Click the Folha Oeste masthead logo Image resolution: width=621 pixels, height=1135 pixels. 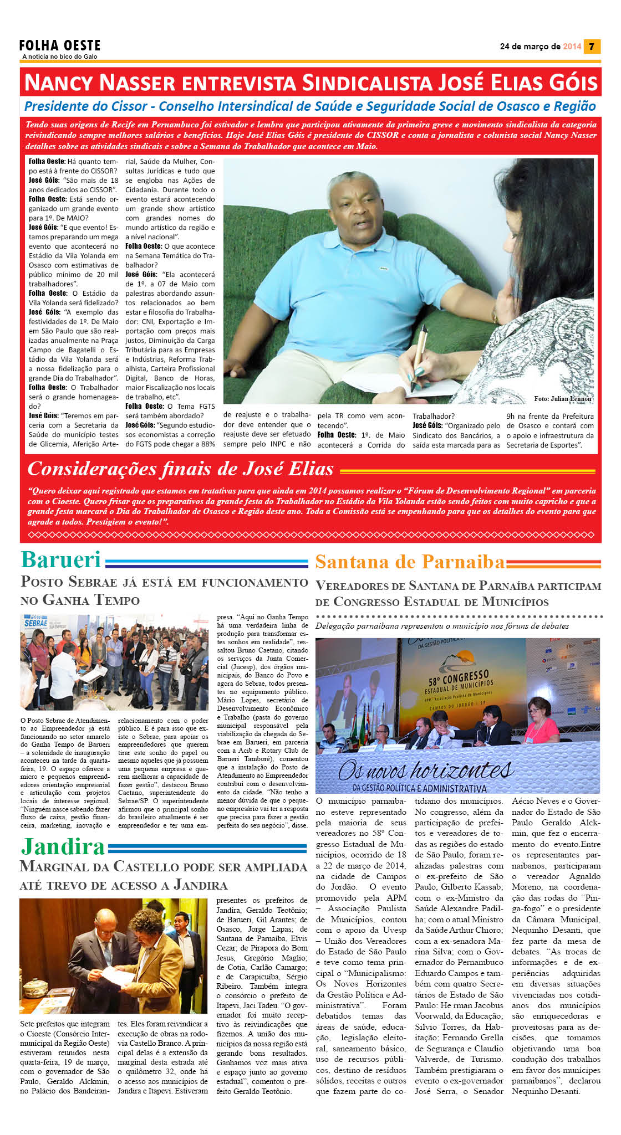tap(60, 45)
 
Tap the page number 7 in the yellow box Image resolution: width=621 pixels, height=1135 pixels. tap(592, 47)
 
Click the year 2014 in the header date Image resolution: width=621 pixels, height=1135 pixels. tap(572, 47)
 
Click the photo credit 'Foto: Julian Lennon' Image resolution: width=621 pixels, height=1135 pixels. tap(562, 398)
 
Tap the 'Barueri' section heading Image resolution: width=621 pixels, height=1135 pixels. tap(61, 560)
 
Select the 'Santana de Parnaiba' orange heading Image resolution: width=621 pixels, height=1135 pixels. tap(410, 562)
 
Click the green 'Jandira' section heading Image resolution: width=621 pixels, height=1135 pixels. tap(63, 847)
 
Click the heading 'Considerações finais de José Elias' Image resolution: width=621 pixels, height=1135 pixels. tap(180, 469)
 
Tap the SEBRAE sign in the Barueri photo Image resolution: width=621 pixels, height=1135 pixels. tap(37, 623)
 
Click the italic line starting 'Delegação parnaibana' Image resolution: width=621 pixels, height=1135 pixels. tap(442, 626)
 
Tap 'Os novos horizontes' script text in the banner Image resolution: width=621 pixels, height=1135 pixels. tap(425, 769)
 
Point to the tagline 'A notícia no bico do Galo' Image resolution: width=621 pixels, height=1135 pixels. tap(60, 57)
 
